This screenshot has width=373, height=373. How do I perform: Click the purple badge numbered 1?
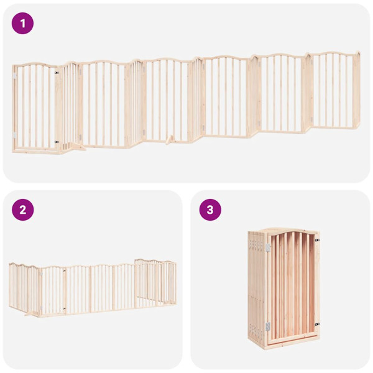[x=23, y=24]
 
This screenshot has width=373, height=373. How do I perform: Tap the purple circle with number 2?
[x=23, y=210]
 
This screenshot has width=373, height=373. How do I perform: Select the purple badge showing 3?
[x=210, y=210]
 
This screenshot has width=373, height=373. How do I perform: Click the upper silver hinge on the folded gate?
[x=269, y=247]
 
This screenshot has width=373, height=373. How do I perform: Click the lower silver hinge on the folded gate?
[x=269, y=326]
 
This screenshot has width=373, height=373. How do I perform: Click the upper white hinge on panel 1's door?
[x=15, y=76]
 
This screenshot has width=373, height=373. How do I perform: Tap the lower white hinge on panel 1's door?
[x=15, y=134]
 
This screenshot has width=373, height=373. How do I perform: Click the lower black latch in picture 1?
[x=57, y=142]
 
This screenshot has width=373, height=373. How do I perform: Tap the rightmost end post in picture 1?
[x=357, y=90]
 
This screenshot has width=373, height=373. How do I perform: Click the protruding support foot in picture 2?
[x=27, y=313]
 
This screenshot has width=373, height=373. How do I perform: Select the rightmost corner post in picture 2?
[x=174, y=283]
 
